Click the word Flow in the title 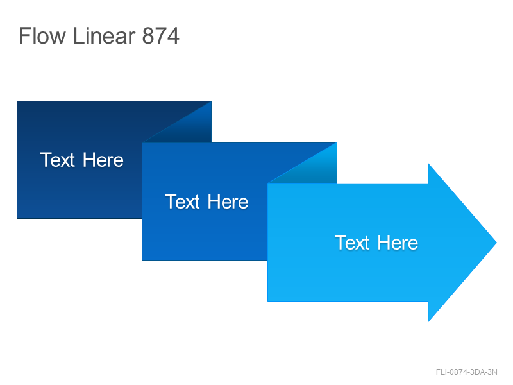click(42, 35)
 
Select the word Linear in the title click(104, 35)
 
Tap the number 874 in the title click(161, 35)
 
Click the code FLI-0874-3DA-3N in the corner click(467, 372)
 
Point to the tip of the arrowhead click(496, 243)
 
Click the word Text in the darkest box click(58, 160)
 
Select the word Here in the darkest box click(103, 160)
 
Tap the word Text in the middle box click(182, 201)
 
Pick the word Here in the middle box click(228, 201)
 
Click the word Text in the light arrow click(352, 243)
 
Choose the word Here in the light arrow click(398, 243)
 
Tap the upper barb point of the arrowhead click(428, 164)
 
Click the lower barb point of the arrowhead click(428, 322)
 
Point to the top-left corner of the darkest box click(17, 101)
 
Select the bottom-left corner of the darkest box click(17, 218)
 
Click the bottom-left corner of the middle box click(142, 260)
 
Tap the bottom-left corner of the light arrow click(267, 301)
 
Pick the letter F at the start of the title click(24, 35)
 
